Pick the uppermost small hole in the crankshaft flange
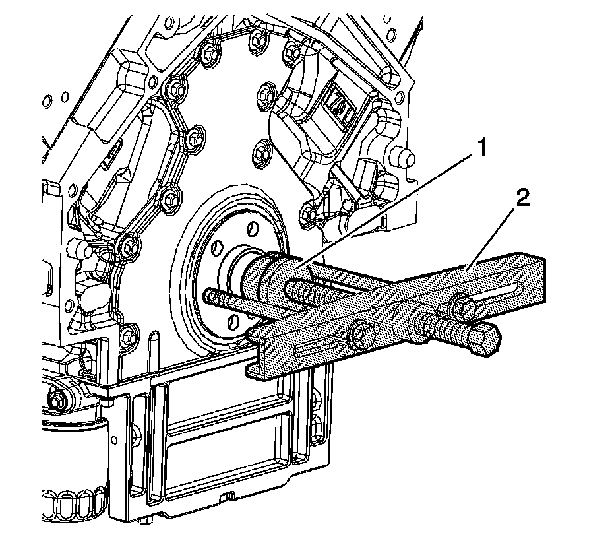click(251, 229)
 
